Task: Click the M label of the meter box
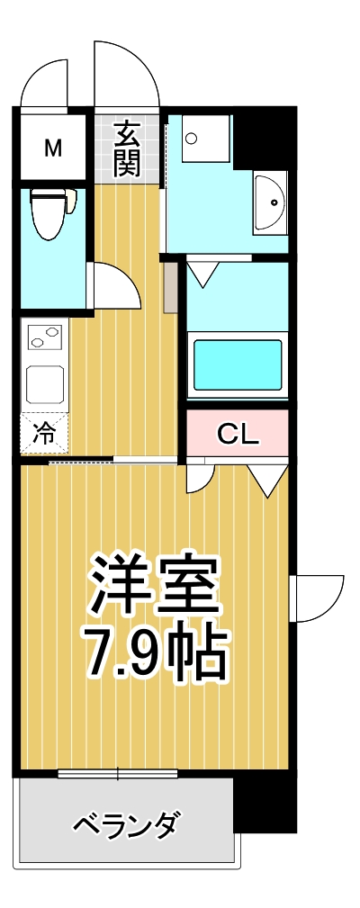53,148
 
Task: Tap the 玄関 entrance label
127,148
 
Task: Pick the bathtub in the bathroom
237,362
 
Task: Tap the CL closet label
238,436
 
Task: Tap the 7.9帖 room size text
154,650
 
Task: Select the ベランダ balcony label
125,823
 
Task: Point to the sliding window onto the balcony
118,773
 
